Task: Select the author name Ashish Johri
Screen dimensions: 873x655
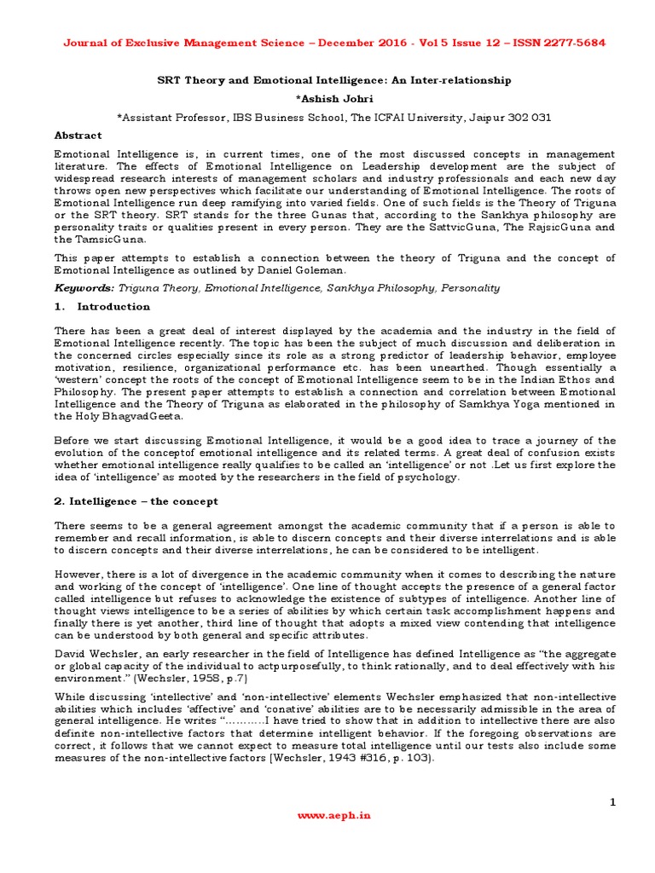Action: pyautogui.click(x=327, y=98)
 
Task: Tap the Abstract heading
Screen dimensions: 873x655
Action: pyautogui.click(x=78, y=135)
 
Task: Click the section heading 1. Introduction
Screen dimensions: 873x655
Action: pyautogui.click(x=101, y=306)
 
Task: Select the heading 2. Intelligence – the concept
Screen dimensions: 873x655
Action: pyautogui.click(x=136, y=500)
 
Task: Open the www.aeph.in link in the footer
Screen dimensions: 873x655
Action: pyautogui.click(x=327, y=814)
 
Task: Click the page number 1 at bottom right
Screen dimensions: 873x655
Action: pyautogui.click(x=612, y=801)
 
